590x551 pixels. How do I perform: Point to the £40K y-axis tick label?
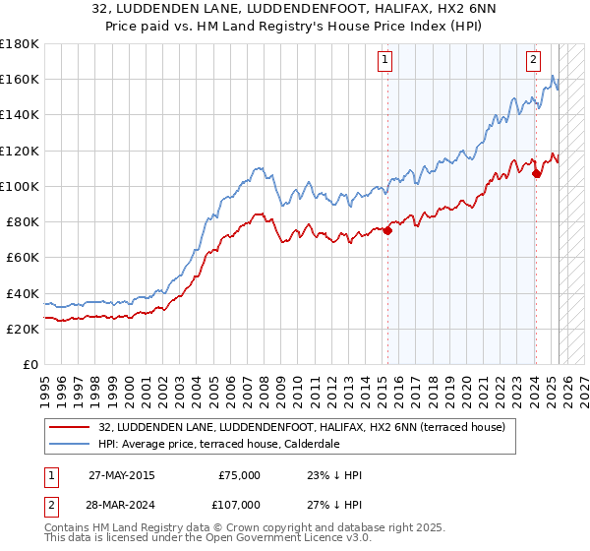pos(22,293)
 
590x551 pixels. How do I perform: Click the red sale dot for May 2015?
pos(387,231)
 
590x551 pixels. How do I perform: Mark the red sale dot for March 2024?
pos(536,174)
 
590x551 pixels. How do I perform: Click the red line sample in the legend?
pos(71,427)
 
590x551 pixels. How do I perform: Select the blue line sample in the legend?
pos(71,444)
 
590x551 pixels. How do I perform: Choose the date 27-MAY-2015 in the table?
pos(121,475)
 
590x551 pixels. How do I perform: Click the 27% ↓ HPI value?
pos(334,504)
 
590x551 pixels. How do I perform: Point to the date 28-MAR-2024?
pos(121,504)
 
